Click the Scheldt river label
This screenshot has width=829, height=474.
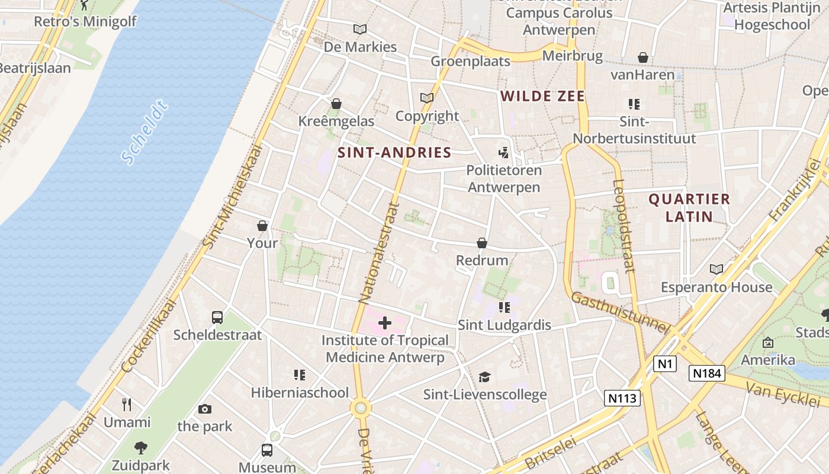pos(144,132)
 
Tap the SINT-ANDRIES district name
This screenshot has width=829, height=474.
pos(394,153)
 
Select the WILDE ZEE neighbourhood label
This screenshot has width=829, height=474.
pos(542,97)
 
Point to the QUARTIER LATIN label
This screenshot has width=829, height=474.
pos(689,207)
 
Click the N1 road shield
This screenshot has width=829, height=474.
pos(665,364)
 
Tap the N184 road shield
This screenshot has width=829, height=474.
pos(707,373)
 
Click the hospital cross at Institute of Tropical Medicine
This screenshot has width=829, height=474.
pos(385,323)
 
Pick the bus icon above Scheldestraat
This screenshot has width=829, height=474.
pos(217,318)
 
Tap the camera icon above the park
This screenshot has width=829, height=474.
pos(205,409)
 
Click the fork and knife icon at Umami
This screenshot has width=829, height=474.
pos(127,405)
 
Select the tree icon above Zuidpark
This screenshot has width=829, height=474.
pos(141,448)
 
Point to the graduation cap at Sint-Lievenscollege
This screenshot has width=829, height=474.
pos(484,377)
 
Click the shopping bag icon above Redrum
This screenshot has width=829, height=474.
pos(482,244)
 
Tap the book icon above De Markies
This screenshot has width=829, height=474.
pos(359,29)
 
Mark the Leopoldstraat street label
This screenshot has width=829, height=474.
pos(624,226)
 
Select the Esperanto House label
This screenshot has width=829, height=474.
pos(716,287)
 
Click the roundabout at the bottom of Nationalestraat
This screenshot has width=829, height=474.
pos(360,408)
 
